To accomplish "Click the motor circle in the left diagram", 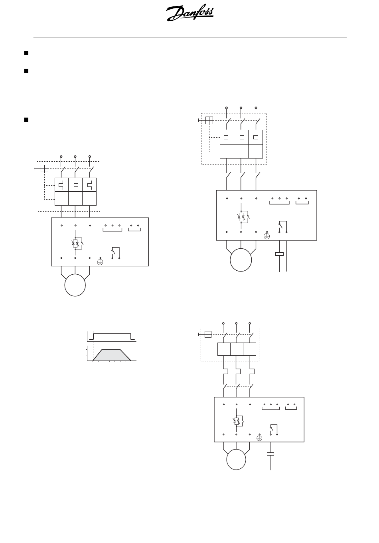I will pos(75,285).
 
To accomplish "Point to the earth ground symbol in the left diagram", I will pos(101,262).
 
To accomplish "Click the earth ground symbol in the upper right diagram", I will pos(266,236).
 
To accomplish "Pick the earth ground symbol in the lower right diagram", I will pos(259,438).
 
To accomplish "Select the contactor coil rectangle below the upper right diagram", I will pos(279,254).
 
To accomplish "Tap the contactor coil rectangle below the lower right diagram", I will pos(270,454).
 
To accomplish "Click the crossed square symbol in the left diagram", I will pos(44,168).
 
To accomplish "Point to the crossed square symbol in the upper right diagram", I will pos(209,120).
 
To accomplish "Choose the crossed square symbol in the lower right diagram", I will pos(208,335).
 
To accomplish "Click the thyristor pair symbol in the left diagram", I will pos(75,243).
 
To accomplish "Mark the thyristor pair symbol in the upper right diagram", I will pos(241,217).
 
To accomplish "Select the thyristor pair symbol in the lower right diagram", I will pos(236,421).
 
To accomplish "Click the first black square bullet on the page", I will pos(26,52).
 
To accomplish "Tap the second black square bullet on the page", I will pos(26,71).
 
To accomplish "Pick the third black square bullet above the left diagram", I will pos(26,119).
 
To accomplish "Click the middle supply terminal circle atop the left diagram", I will pos(75,156).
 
